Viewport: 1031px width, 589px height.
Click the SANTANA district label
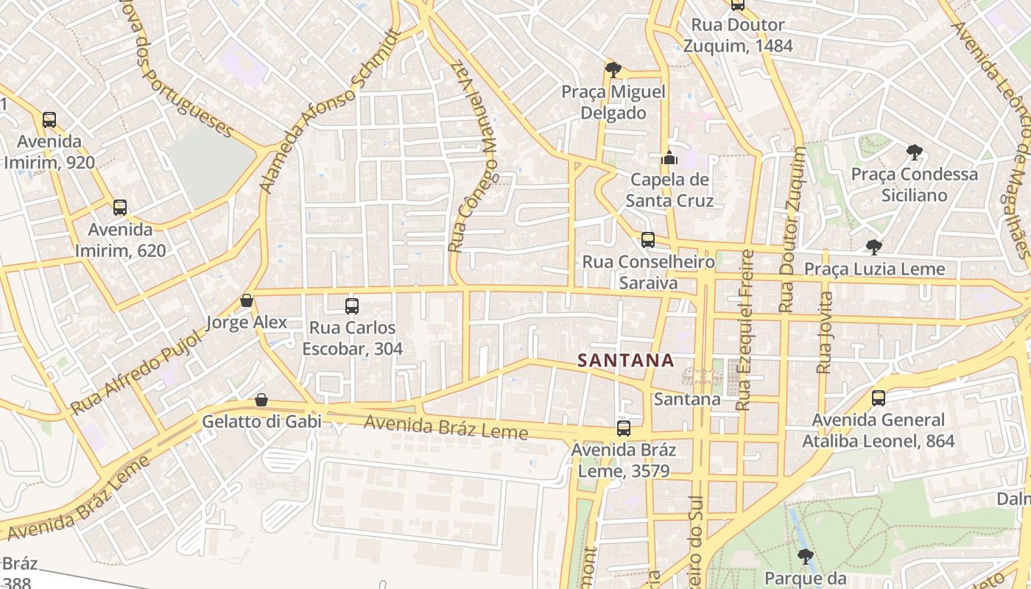625,360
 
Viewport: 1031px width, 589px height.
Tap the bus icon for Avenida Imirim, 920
49,119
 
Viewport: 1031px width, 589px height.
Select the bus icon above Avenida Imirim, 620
120,208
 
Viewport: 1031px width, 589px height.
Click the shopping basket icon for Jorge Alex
247,300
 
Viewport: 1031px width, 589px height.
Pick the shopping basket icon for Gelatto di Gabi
261,400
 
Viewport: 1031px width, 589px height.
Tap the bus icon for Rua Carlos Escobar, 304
352,306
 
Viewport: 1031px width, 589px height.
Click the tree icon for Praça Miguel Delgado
613,70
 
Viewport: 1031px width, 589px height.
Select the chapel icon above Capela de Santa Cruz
669,158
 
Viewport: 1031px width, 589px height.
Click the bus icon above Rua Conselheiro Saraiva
648,239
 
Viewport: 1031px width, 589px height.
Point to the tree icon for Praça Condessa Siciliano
914,152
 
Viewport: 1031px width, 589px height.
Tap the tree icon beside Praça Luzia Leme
874,247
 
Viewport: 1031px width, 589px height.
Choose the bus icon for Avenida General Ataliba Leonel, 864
879,398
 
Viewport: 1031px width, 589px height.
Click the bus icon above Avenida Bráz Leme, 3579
624,428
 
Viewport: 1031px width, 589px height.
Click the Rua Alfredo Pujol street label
136,373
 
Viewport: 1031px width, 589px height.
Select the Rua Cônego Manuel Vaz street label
474,158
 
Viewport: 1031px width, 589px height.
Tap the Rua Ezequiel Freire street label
745,330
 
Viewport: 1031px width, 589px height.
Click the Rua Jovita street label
825,332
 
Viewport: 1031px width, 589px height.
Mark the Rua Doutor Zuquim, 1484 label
738,35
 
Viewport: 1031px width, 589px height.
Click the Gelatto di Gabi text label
262,421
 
